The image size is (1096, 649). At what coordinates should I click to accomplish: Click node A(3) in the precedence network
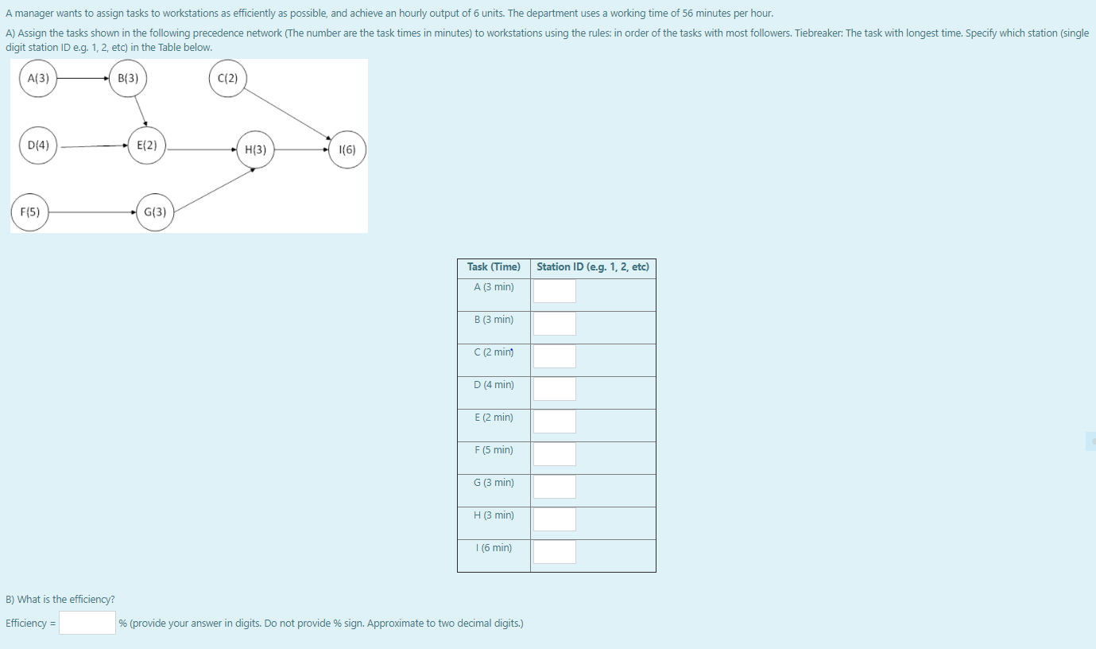coord(38,78)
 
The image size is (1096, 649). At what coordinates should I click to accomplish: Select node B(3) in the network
coord(128,78)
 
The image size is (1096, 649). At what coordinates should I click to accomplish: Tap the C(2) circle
coord(228,78)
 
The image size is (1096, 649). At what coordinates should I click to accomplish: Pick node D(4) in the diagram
coord(38,145)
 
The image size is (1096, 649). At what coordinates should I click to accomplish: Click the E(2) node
coord(147,145)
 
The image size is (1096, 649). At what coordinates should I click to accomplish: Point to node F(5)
coord(30,212)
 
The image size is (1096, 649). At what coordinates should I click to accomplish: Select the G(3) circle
coord(155,212)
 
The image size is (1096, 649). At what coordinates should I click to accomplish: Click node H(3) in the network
coord(255,149)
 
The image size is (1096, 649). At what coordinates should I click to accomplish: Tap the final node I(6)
coord(347,149)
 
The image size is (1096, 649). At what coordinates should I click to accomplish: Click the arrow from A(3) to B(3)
coord(83,78)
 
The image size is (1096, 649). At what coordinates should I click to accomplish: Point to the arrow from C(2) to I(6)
coord(288,113)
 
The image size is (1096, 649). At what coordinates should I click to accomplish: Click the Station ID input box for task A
coord(555,291)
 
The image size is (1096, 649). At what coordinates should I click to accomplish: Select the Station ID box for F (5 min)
coord(555,454)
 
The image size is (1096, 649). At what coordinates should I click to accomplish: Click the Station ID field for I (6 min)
coord(555,552)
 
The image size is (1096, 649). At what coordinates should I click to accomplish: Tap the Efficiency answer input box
coord(87,623)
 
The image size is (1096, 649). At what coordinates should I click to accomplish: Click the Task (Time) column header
coord(494,267)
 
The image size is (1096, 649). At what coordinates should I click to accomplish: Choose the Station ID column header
coord(593,267)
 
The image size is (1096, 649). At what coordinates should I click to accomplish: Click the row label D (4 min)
coord(494,385)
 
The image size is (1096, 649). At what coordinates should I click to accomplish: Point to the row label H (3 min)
coord(494,515)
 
